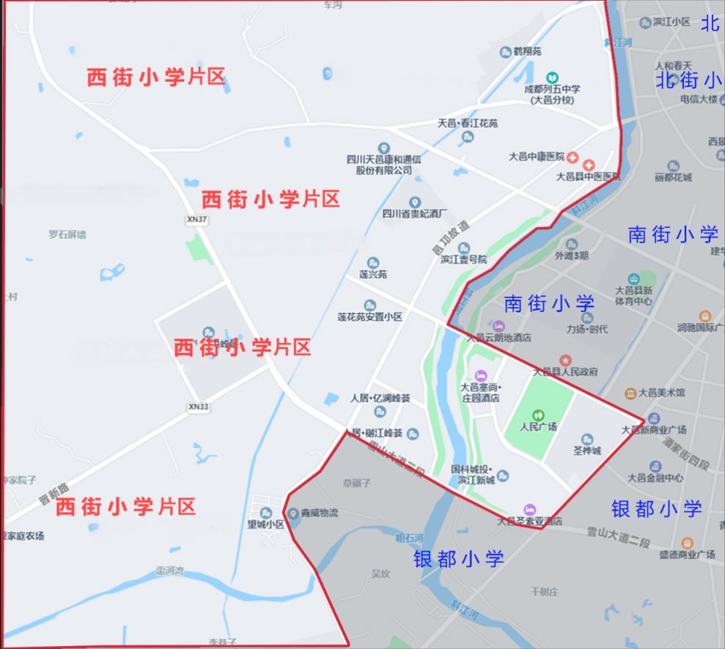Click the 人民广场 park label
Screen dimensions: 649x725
point(539,426)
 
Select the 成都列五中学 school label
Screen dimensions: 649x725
point(552,89)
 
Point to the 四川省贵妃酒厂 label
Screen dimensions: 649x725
point(415,213)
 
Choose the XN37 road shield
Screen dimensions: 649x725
point(197,220)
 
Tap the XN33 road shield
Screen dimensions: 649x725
point(198,407)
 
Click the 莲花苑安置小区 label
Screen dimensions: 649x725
point(370,316)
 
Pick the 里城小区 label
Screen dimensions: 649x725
point(265,524)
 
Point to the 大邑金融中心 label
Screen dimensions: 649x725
point(655,478)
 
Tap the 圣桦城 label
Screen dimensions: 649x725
point(586,450)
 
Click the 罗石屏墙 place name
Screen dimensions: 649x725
point(67,234)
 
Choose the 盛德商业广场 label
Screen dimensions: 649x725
point(687,554)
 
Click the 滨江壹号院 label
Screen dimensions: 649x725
point(463,259)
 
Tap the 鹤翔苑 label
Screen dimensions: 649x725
point(526,52)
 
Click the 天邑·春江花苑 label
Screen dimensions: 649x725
point(467,123)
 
